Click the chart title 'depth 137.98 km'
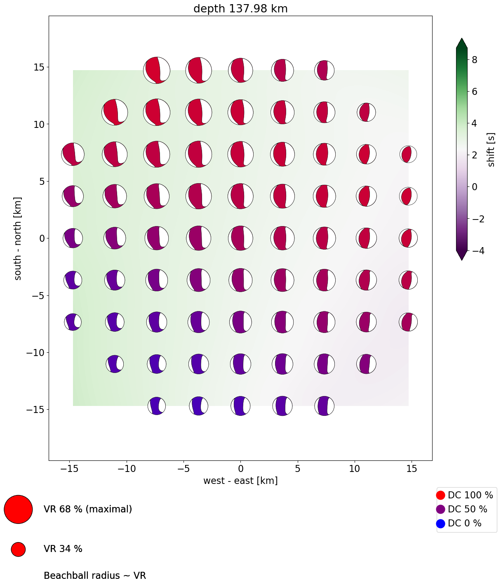(240, 9)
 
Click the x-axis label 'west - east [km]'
(240, 481)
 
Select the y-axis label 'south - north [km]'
(18, 238)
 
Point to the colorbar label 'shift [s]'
(491, 150)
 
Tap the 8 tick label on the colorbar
(475, 60)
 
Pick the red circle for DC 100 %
(440, 495)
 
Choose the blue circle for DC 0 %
(440, 524)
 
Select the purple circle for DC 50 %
(440, 510)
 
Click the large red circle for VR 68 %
(18, 510)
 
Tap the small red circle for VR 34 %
(18, 549)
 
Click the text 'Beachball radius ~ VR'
(95, 576)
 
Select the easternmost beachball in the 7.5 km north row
(408, 154)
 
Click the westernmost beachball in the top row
(157, 71)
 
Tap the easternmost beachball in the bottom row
(324, 406)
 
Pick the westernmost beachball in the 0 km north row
(73, 238)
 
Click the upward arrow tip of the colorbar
(461, 40)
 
